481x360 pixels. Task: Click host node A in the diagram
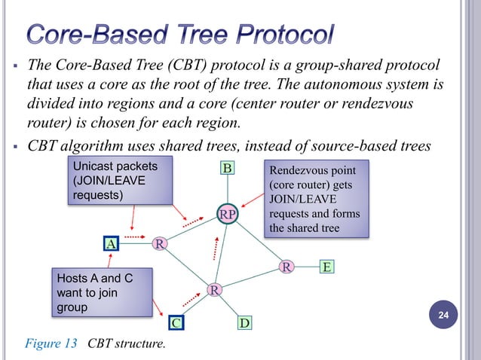point(111,243)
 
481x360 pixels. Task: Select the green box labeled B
point(227,167)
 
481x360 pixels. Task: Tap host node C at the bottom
point(175,323)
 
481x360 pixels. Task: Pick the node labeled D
point(244,323)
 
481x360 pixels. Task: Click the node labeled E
point(326,267)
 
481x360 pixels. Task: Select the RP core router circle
point(228,215)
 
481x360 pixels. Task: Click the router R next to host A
point(160,243)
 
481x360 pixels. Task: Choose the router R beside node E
point(286,267)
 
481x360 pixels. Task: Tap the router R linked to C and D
point(214,289)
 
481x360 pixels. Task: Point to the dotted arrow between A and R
point(133,237)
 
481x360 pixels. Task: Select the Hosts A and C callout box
point(95,293)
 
